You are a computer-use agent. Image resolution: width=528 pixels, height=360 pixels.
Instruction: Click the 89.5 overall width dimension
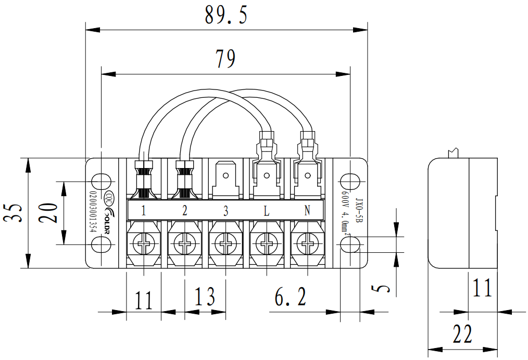point(226,15)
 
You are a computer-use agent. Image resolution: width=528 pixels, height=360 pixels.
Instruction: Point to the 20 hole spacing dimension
point(50,213)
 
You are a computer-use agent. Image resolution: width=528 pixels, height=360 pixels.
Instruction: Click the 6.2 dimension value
point(290,298)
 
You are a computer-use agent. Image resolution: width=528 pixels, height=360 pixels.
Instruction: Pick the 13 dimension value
point(205,297)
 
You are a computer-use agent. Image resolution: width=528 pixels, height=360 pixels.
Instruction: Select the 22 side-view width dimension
point(462,335)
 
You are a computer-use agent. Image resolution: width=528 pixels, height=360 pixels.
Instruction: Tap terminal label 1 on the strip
point(143,211)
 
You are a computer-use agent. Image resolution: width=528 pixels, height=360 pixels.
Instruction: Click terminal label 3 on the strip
point(225,211)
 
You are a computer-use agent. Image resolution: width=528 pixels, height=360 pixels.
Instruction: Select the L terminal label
point(266,211)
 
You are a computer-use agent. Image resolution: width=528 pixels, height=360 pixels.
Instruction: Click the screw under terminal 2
point(184,243)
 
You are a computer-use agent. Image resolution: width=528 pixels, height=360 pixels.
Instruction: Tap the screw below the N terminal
point(307,243)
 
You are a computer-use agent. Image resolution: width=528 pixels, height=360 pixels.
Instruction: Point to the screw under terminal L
point(266,243)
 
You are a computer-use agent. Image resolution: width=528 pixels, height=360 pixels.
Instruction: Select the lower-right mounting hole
point(350,245)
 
